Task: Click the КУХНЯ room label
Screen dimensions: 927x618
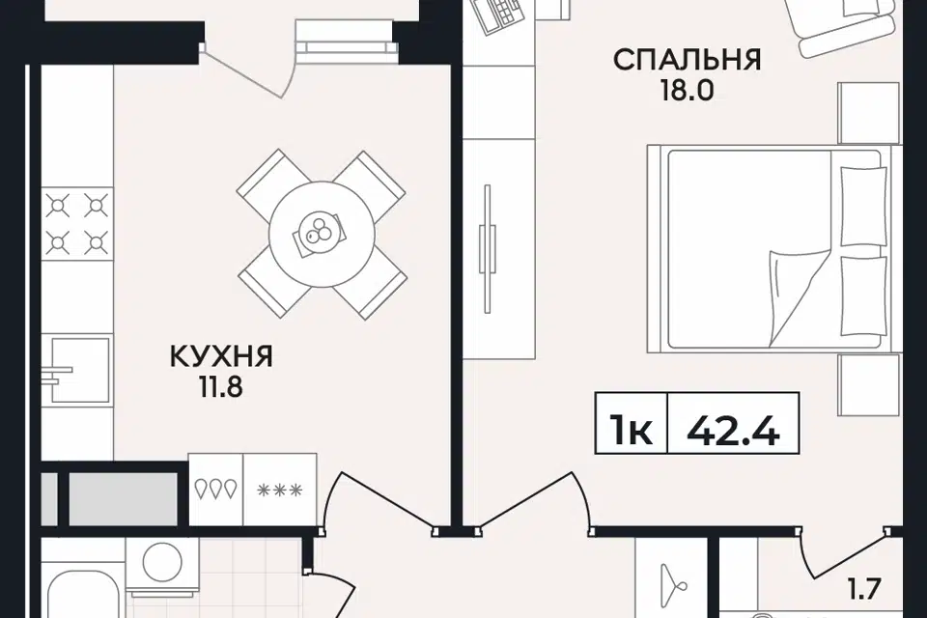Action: pyautogui.click(x=221, y=356)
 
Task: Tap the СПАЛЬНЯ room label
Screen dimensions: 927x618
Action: pyautogui.click(x=687, y=60)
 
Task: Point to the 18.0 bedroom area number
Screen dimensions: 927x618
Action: pyautogui.click(x=687, y=91)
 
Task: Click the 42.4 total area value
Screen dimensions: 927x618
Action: pyautogui.click(x=733, y=431)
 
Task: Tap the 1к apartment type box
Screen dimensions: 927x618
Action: pyautogui.click(x=632, y=431)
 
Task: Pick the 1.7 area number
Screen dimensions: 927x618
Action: pyautogui.click(x=865, y=589)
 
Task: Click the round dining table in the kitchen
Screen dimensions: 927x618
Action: pyautogui.click(x=321, y=235)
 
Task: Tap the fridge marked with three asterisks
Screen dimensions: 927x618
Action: pyautogui.click(x=280, y=490)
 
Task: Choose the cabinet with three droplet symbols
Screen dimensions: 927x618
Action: pyautogui.click(x=215, y=490)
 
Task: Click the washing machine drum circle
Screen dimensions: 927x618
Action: pyautogui.click(x=162, y=561)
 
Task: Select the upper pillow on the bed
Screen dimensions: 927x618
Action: pyautogui.click(x=863, y=207)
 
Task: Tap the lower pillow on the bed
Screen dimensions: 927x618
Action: pyautogui.click(x=863, y=295)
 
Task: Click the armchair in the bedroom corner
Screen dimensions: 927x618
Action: pyautogui.click(x=847, y=22)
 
